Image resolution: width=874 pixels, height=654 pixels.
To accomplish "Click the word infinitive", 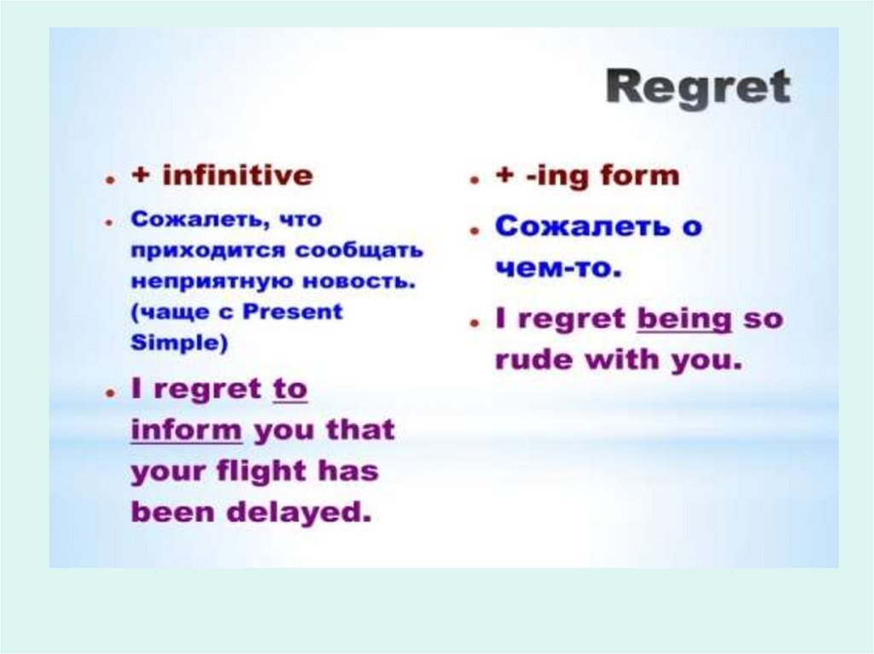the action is (x=238, y=176).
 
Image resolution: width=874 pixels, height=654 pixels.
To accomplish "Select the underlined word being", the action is (x=684, y=321).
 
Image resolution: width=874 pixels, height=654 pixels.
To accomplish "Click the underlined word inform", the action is (x=187, y=430).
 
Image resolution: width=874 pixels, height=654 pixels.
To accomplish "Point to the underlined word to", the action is (x=290, y=389).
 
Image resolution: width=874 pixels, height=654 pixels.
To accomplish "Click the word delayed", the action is (x=300, y=512).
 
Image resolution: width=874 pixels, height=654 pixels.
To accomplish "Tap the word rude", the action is (x=533, y=359).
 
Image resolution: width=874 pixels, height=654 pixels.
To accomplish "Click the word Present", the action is (x=293, y=311).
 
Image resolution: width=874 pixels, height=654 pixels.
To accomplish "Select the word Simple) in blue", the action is (x=179, y=342).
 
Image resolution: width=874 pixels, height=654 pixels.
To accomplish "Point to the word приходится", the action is (x=208, y=252).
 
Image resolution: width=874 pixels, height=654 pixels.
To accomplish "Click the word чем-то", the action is (x=558, y=269).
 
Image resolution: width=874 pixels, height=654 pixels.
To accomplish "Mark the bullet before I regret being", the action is (x=475, y=323).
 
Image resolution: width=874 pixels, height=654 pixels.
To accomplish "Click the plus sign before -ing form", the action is (x=505, y=176).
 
